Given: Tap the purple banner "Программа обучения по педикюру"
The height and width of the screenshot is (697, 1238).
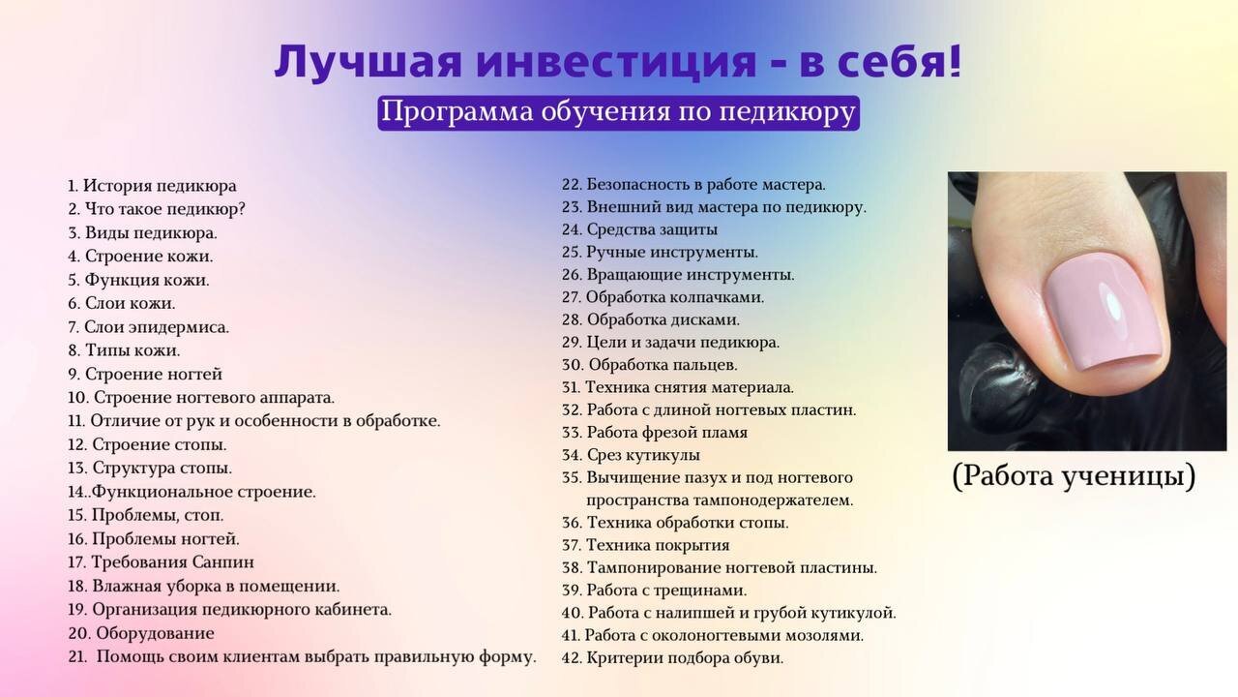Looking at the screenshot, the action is [618, 113].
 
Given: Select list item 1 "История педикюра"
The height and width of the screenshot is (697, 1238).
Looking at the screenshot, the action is [152, 186].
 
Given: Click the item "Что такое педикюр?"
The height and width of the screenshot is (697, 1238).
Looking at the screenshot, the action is [157, 209].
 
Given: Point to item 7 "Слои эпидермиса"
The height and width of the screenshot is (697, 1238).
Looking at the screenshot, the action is [148, 327].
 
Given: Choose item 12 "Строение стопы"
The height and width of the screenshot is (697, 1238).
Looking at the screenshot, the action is [147, 444].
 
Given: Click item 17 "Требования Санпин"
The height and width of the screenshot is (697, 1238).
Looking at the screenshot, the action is [161, 562].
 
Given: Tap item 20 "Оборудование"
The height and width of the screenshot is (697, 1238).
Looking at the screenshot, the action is [141, 633].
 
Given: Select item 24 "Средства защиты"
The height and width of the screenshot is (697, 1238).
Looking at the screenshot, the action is [639, 229].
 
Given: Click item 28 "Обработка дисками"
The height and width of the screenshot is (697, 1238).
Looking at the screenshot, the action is [651, 319].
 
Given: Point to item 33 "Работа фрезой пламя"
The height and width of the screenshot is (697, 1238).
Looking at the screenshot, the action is [655, 432].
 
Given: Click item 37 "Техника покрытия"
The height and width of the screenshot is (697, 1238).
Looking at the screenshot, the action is [645, 545].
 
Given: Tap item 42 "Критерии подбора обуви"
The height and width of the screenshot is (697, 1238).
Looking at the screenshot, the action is [672, 657].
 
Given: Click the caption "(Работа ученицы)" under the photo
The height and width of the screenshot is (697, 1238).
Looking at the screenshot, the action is [1074, 475].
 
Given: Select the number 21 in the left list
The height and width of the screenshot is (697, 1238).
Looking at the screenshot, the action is [78, 656].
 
